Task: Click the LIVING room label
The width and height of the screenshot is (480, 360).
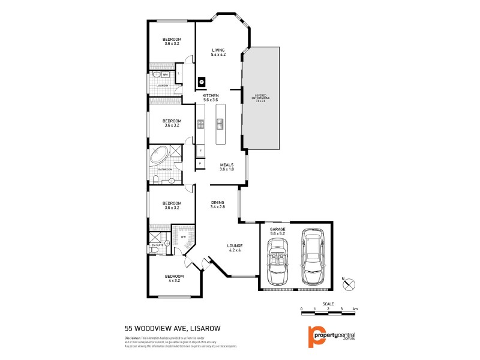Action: pos(217,50)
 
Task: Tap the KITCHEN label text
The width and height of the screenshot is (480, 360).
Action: pos(210,96)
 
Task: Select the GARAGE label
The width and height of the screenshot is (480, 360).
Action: pos(277,229)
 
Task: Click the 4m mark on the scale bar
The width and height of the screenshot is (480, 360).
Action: pos(355,308)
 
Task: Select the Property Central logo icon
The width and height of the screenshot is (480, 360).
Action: pos(311,337)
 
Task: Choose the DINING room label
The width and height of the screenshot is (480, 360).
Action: pos(217,203)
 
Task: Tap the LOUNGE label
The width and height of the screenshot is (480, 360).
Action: pos(234,246)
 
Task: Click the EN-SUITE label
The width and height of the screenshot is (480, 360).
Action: pos(158,245)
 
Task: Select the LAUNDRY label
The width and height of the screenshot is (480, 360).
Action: pos(162,86)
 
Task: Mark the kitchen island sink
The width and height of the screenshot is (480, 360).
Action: pos(220,124)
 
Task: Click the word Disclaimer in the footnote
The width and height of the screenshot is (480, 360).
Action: pos(133,339)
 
